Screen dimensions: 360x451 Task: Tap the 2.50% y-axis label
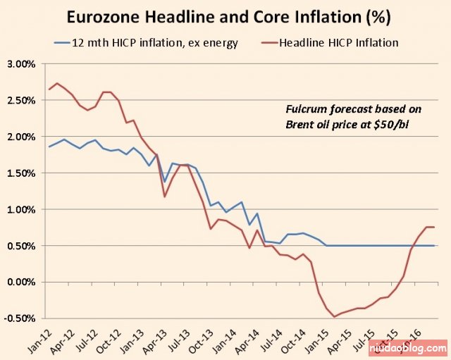[x=22, y=100]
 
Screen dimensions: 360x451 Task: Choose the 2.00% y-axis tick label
[x=22, y=137]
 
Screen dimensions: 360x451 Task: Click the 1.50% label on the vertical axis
[x=22, y=173]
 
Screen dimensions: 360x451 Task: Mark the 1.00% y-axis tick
[x=22, y=209]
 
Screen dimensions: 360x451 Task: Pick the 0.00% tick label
[x=22, y=282]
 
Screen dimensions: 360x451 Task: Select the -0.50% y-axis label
[x=20, y=318]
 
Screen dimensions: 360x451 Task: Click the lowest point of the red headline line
[x=333, y=317]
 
